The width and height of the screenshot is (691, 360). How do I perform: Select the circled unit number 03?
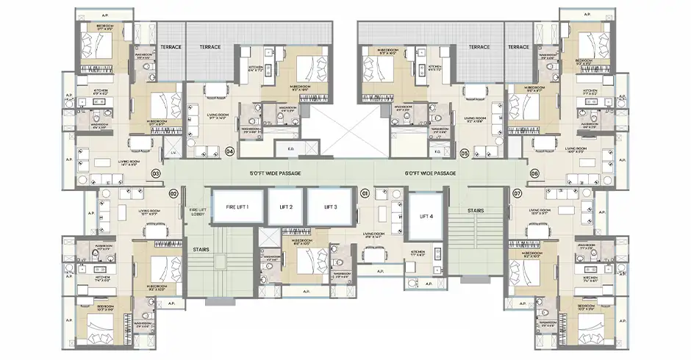[155, 173]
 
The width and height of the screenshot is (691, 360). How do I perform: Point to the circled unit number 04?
[230, 152]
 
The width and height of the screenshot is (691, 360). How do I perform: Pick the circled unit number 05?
[464, 153]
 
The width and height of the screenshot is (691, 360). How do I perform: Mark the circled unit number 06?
[534, 173]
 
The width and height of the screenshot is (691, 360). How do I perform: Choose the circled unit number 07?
[518, 193]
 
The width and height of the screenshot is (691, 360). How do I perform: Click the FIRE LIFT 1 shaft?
[237, 207]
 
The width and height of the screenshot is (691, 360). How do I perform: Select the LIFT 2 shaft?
[285, 207]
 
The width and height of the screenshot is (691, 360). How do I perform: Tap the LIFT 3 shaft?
[329, 207]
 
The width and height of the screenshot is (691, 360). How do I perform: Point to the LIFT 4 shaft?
[426, 217]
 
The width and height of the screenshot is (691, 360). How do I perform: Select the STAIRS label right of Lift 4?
[475, 211]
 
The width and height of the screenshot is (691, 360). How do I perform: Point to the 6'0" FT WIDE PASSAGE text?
[431, 173]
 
